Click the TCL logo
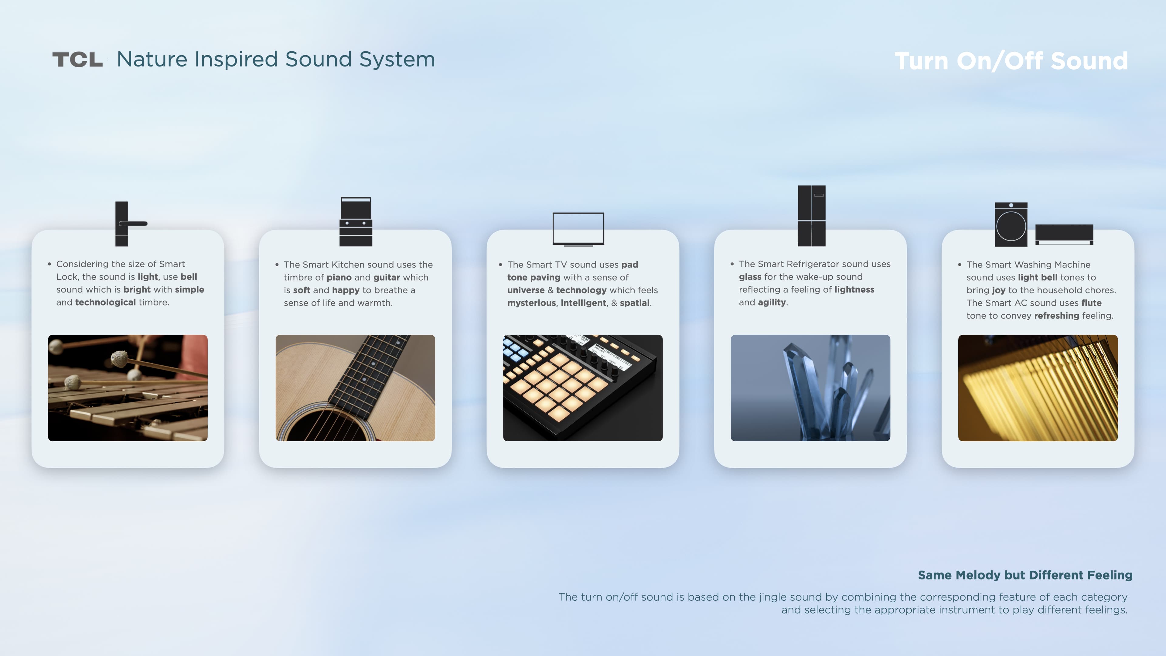[77, 59]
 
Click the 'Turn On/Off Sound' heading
[1011, 61]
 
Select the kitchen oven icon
[356, 221]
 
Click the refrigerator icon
[812, 216]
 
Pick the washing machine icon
[1011, 224]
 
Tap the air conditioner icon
[1064, 234]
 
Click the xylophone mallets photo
[128, 388]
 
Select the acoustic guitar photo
[355, 388]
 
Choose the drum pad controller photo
[583, 388]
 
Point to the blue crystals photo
[810, 388]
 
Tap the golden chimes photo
[1038, 388]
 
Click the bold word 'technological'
[105, 302]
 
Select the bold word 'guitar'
[387, 278]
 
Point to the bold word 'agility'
[772, 302]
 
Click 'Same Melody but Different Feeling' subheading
[1025, 575]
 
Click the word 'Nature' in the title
[152, 59]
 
